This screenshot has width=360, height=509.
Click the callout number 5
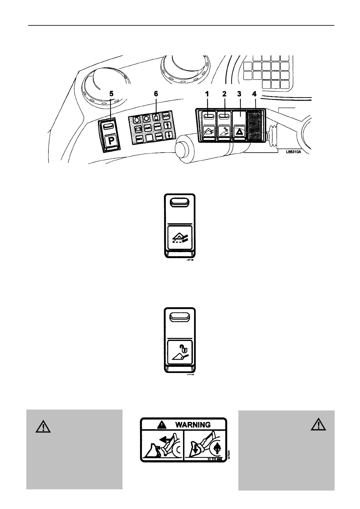[112, 94]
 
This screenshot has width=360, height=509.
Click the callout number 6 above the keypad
[156, 94]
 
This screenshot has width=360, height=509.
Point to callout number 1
[207, 94]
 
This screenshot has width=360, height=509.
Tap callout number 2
[224, 94]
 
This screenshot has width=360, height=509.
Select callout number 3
[239, 94]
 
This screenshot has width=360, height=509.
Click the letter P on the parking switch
[110, 141]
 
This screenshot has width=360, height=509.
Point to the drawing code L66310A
[293, 152]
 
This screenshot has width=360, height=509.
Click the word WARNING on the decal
[193, 425]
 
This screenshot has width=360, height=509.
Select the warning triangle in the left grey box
[43, 427]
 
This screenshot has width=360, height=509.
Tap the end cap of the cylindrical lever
[181, 150]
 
